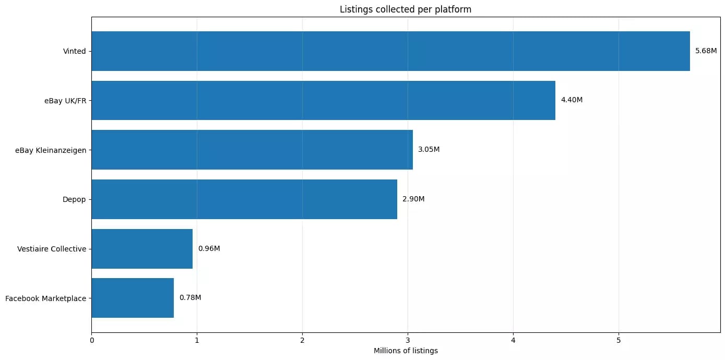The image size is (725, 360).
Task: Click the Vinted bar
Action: (390, 51)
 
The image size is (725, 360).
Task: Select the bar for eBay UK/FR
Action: (323, 100)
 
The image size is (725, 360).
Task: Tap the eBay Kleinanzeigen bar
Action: (252, 150)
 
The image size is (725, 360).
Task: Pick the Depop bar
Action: (244, 199)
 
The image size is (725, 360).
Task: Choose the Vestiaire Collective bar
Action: (142, 248)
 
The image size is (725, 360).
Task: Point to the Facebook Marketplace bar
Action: (133, 298)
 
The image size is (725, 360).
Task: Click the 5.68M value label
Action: (706, 51)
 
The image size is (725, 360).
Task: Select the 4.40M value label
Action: (572, 100)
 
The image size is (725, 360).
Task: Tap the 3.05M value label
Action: (429, 150)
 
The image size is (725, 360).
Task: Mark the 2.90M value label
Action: (413, 199)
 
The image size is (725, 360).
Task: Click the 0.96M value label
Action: (209, 248)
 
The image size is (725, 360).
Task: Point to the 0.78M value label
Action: (190, 298)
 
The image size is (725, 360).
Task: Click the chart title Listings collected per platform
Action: (406, 9)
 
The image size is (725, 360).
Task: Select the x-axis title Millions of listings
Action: (406, 351)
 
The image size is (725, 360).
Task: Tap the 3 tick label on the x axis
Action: (408, 340)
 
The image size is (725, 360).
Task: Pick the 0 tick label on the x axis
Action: (92, 340)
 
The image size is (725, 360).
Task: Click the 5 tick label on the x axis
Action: (619, 340)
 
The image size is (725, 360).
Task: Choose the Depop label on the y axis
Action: (74, 199)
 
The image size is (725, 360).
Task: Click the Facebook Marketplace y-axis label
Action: (45, 299)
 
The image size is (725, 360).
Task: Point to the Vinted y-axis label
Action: (74, 52)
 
